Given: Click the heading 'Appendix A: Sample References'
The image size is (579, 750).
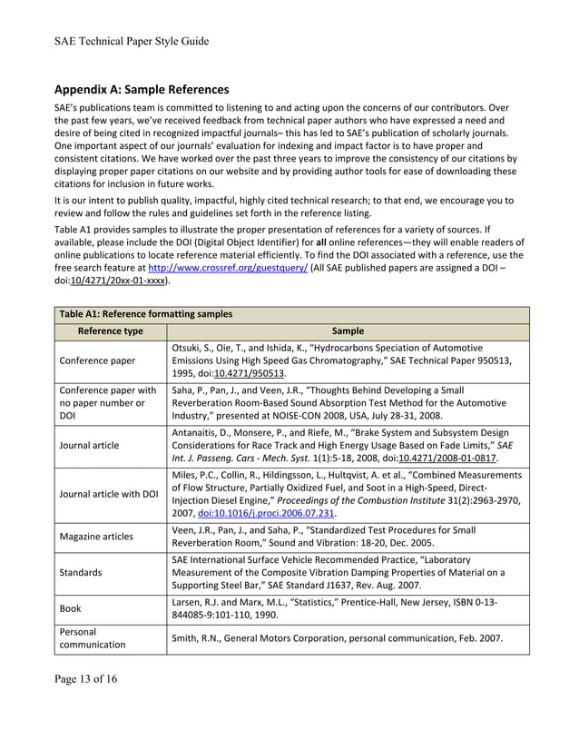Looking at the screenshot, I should [141, 90].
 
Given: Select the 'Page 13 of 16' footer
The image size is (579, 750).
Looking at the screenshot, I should [85, 678].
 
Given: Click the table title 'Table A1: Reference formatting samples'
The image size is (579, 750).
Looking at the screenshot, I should [143, 314].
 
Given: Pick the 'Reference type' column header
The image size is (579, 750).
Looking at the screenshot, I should [111, 331].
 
